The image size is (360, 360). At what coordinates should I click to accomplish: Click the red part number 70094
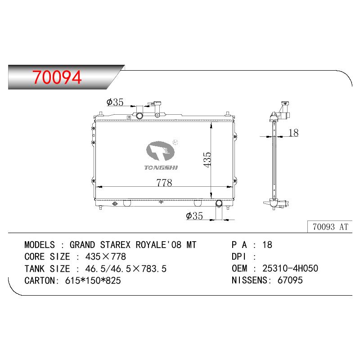point(57,77)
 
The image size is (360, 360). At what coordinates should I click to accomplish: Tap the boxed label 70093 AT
point(330,227)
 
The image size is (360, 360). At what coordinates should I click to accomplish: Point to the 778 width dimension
point(164,183)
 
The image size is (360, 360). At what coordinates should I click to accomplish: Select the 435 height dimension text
point(207,160)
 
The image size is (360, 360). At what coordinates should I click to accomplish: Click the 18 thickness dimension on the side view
point(293,133)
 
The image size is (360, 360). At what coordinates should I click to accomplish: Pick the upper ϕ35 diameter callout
point(115,102)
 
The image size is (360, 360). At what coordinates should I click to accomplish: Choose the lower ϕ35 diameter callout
point(194,216)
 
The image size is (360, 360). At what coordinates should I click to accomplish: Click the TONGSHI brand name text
point(161,167)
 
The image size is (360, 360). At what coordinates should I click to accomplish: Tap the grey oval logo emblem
point(160,151)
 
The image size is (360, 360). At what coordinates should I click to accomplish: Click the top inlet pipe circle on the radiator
point(139,116)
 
